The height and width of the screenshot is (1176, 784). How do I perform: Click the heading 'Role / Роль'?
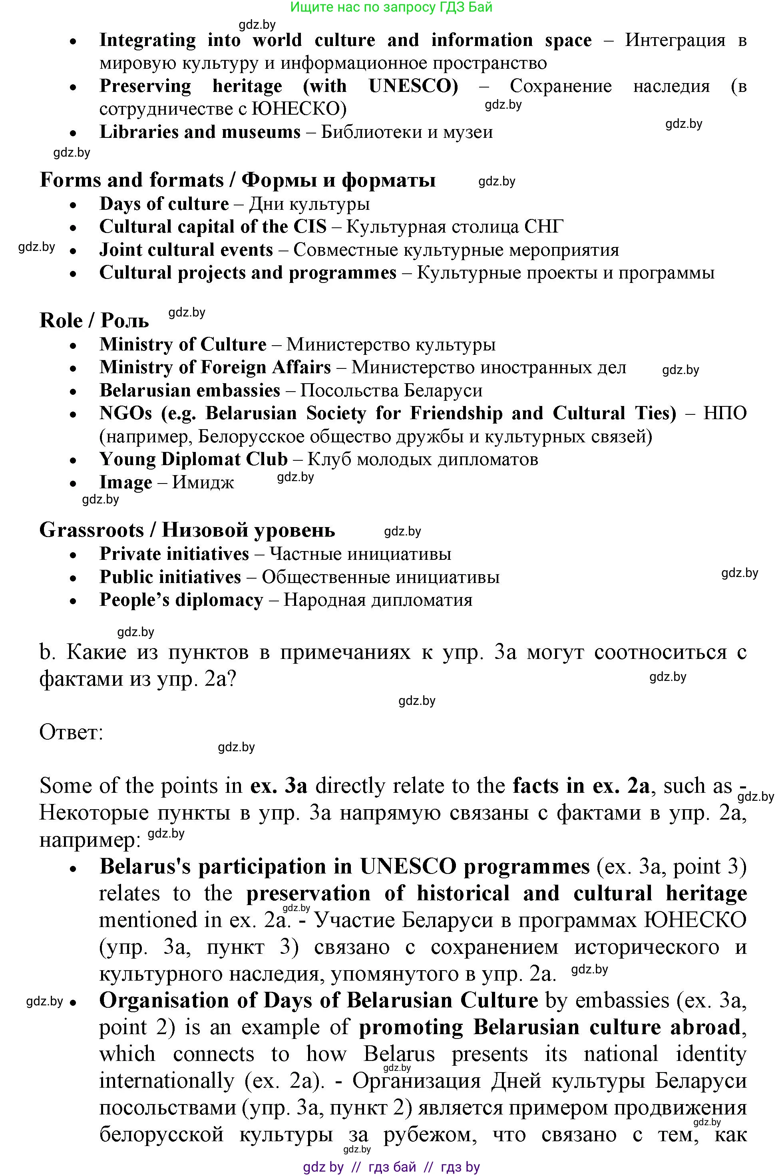94,321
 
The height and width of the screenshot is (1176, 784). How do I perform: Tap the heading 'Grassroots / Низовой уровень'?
187,530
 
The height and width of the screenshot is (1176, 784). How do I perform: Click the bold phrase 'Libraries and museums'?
200,132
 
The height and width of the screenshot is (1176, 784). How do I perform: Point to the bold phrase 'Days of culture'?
164,204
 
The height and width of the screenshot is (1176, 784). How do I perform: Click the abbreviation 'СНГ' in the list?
543,227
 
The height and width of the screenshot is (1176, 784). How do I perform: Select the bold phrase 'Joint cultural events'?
186,250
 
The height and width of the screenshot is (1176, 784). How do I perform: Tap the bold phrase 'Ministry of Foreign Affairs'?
215,368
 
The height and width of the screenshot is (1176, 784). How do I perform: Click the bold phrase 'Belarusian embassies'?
189,390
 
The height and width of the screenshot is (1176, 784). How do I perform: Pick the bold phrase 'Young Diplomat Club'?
193,460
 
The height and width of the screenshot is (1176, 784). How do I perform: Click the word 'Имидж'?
203,482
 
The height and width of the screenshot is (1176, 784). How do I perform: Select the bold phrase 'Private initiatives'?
174,554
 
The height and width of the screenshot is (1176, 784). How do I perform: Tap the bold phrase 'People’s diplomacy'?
181,600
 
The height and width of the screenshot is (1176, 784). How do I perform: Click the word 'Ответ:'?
71,732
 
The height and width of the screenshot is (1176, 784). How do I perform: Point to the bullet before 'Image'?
74,484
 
